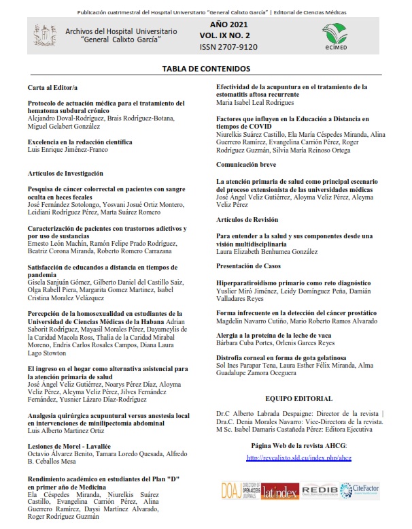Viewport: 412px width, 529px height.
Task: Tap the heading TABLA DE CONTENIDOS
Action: pos(206,69)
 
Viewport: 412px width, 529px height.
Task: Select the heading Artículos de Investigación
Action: pos(65,173)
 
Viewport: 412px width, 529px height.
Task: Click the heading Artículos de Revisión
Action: pos(247,220)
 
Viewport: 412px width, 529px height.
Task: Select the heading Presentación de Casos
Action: pos(249,266)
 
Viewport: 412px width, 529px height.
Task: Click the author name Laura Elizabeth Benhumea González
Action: pos(267,251)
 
